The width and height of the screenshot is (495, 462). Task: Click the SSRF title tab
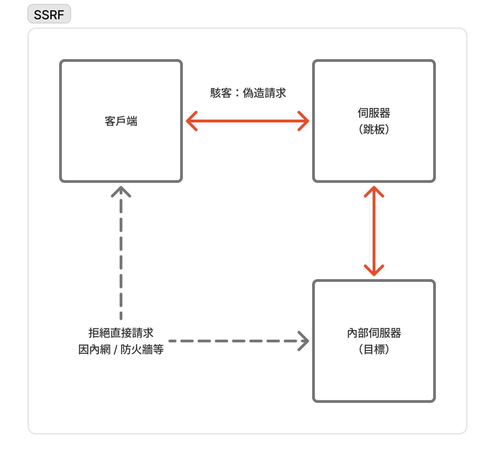[49, 14]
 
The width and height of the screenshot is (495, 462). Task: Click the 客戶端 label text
[121, 121]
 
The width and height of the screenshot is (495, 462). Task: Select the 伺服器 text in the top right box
[374, 113]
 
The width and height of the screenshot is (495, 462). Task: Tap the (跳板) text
[374, 130]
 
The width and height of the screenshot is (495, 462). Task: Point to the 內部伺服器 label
[374, 333]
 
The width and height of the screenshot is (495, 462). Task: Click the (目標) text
[374, 350]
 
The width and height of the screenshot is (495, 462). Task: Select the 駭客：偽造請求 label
[248, 93]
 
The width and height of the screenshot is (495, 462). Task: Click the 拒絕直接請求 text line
[121, 333]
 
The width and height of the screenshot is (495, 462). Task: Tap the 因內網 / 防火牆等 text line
[121, 350]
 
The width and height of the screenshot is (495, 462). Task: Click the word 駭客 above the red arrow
[221, 93]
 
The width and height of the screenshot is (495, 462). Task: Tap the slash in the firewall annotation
[115, 350]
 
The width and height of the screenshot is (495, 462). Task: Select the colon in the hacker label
[237, 93]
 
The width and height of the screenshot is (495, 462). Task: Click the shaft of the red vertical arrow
[374, 231]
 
